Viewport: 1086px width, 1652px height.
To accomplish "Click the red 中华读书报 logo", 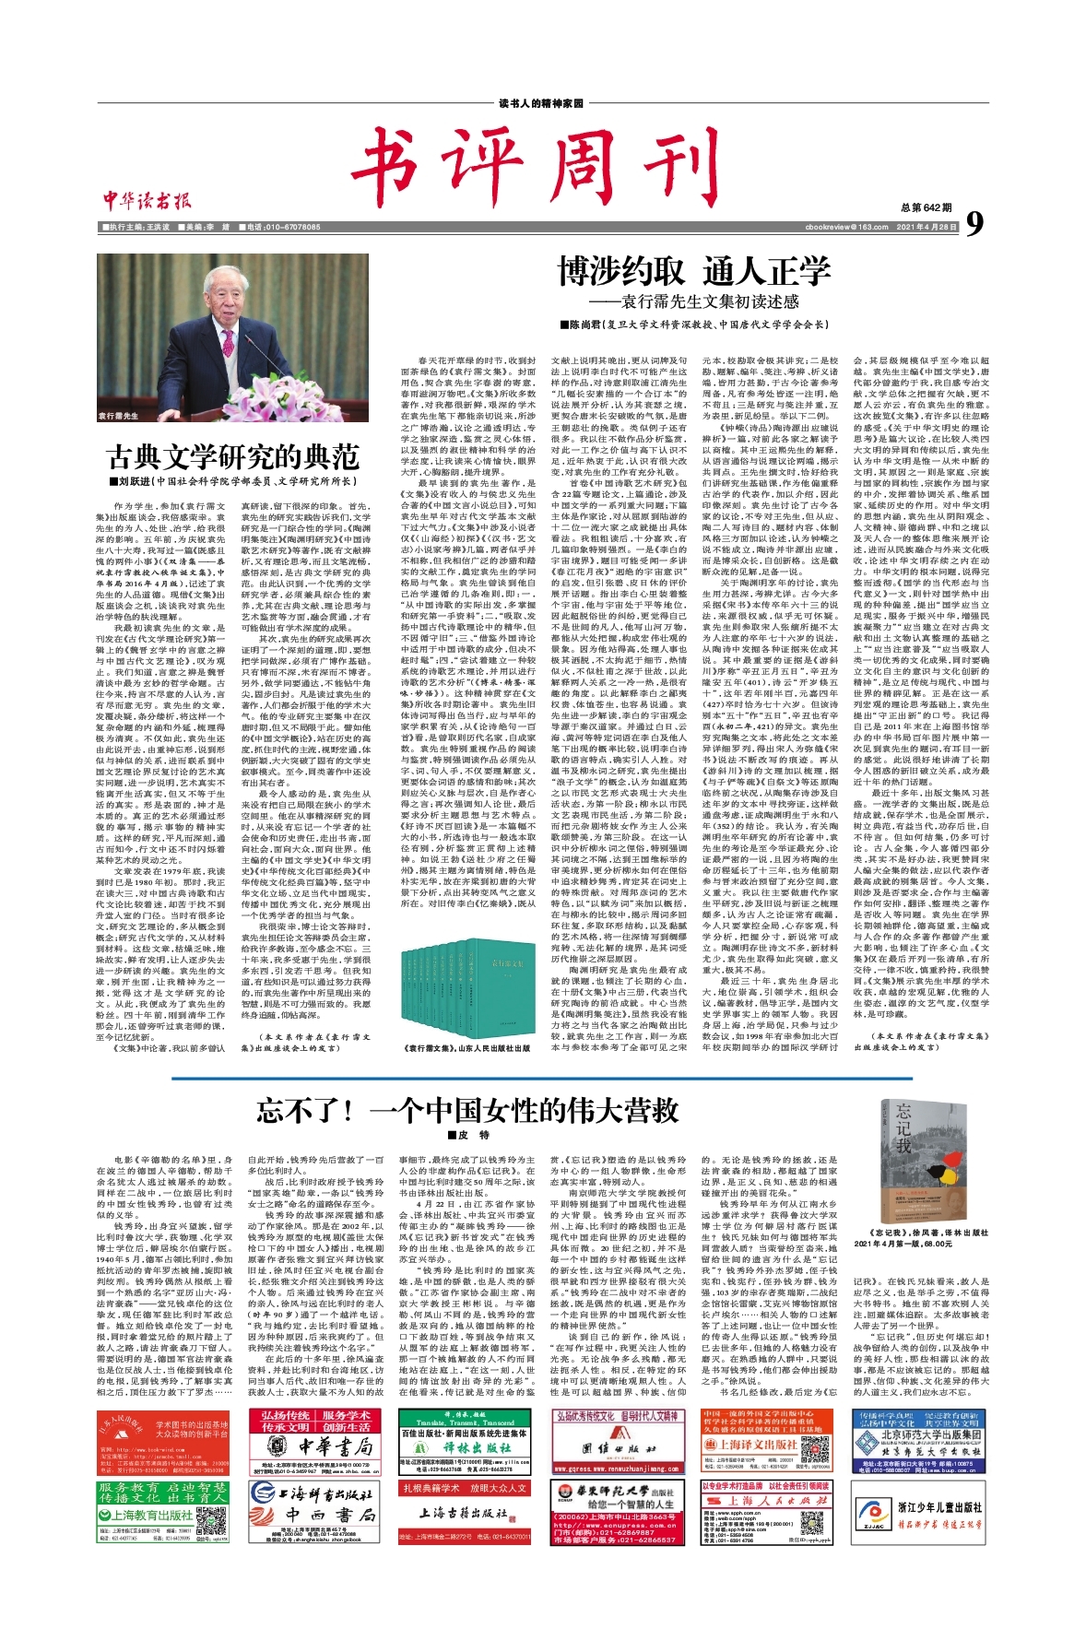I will tap(147, 200).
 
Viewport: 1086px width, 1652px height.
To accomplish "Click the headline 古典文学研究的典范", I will tap(233, 455).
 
